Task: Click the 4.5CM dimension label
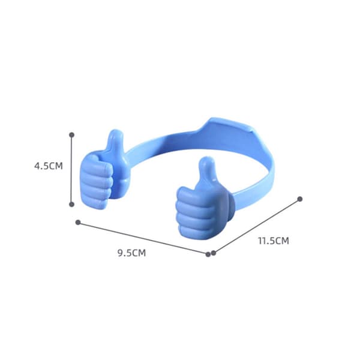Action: (x=49, y=166)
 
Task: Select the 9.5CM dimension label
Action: (x=132, y=253)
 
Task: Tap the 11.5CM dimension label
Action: (x=274, y=241)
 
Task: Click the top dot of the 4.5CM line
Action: (x=71, y=135)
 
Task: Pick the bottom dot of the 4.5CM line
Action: (x=71, y=205)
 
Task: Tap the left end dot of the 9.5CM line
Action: (x=78, y=222)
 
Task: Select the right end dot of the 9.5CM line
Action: (x=208, y=254)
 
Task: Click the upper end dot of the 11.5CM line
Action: (x=300, y=199)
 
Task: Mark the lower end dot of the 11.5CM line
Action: (x=214, y=253)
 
